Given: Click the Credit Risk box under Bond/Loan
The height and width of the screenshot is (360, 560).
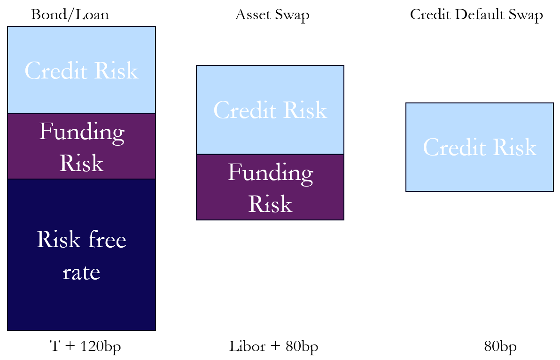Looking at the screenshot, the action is (x=81, y=70).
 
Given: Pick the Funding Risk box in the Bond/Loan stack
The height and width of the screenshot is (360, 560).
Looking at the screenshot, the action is (x=81, y=147).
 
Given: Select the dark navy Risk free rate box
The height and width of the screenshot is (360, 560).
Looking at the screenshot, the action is (x=81, y=255).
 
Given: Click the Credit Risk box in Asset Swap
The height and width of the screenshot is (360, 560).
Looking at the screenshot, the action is (x=270, y=110).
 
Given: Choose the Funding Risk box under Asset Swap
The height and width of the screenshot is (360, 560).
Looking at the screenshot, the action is (x=270, y=187).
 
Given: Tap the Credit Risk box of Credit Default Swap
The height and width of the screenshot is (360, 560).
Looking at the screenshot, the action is (x=480, y=147).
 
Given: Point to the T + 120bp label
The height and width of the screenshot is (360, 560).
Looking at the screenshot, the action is (x=86, y=346).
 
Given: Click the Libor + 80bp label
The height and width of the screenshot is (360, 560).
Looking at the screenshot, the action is (x=273, y=346).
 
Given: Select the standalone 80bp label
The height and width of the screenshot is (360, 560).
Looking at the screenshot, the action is (x=500, y=346).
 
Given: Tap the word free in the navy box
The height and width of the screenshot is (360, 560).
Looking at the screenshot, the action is (x=107, y=239).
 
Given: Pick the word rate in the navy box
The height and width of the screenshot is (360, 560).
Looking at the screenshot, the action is (x=81, y=273).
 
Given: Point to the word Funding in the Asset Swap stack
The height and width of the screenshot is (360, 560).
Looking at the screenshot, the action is (x=271, y=173).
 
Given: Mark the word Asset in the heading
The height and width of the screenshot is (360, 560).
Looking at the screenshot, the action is (x=252, y=15).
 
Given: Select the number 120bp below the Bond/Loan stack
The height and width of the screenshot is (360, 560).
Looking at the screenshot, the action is (x=101, y=346).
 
